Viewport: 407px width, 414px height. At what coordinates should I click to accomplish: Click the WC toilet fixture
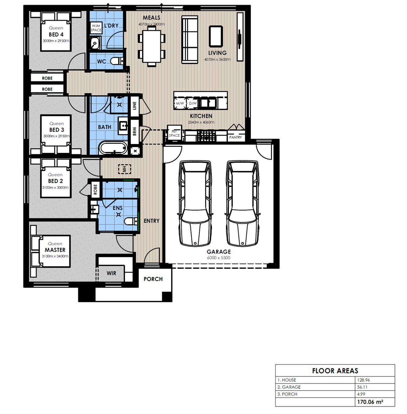pyautogui.click(x=117, y=61)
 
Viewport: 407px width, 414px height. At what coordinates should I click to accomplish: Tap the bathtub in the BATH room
pyautogui.click(x=113, y=147)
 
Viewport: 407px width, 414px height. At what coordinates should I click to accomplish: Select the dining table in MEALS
pyautogui.click(x=152, y=46)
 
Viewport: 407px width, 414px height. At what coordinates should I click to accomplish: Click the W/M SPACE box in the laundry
pyautogui.click(x=96, y=28)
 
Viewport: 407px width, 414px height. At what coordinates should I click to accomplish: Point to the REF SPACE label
pyautogui.click(x=174, y=133)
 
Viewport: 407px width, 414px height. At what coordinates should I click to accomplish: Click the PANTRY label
pyautogui.click(x=235, y=137)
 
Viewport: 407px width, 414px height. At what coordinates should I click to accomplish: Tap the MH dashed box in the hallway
pyautogui.click(x=124, y=169)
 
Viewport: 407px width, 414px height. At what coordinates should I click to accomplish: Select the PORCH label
pyautogui.click(x=153, y=279)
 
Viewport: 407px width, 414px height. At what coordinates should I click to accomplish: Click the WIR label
pyautogui.click(x=111, y=273)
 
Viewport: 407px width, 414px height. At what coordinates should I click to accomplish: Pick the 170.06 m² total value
pyautogui.click(x=370, y=402)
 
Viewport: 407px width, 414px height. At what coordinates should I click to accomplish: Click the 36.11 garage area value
pyautogui.click(x=362, y=387)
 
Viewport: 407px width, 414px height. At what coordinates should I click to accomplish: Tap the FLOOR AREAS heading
pyautogui.click(x=335, y=371)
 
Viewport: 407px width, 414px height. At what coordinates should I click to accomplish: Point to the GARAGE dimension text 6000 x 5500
pyautogui.click(x=219, y=258)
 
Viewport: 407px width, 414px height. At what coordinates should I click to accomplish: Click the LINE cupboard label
pyautogui.click(x=135, y=106)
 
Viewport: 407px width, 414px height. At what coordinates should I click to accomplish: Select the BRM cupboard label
pyautogui.click(x=135, y=131)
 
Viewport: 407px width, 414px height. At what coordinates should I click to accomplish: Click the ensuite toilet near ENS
pyautogui.click(x=131, y=221)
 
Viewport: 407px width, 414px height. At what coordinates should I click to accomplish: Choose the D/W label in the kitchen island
pyautogui.click(x=193, y=103)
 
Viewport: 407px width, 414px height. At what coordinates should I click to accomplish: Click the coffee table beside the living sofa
pyautogui.click(x=216, y=36)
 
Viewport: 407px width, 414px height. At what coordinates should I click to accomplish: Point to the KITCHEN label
pyautogui.click(x=201, y=116)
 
